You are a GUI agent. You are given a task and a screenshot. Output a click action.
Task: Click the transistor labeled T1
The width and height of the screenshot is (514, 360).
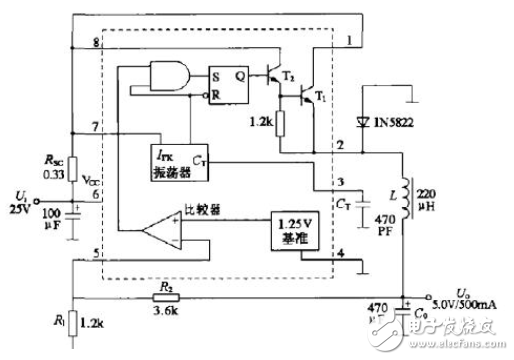point(310,95)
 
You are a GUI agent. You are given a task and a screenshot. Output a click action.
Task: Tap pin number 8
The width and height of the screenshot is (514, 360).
point(95,46)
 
